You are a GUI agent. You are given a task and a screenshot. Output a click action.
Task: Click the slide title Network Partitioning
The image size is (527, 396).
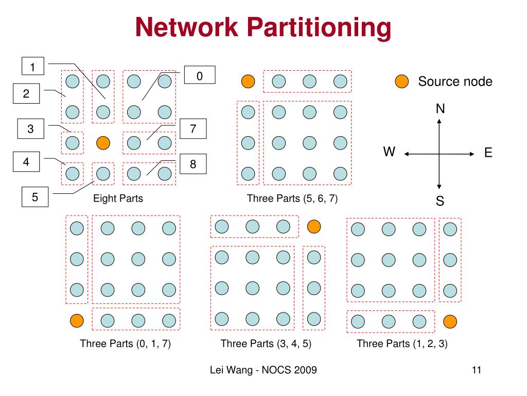[x=263, y=27]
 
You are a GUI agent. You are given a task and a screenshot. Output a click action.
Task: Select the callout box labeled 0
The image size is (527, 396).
[x=199, y=76]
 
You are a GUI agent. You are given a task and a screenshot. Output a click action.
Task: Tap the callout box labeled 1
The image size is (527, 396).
[x=33, y=67]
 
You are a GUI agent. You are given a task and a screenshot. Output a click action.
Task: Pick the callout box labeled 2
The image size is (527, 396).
[x=26, y=94]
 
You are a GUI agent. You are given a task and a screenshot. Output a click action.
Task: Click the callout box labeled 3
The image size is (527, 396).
[x=30, y=129]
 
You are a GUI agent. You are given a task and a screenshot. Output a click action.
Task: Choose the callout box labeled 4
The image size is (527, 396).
[x=26, y=162]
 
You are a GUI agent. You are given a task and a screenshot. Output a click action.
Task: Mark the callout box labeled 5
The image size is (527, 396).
[x=34, y=196]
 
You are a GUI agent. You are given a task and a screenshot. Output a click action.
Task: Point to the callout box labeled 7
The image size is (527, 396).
[x=193, y=129]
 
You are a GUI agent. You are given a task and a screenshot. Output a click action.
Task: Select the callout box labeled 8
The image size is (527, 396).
[x=193, y=164]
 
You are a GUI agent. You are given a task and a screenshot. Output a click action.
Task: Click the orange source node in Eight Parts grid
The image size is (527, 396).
[x=103, y=143]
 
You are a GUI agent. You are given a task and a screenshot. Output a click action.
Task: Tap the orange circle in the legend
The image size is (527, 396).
[x=401, y=81]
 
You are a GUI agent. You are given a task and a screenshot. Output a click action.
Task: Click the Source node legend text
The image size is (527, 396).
[x=455, y=81]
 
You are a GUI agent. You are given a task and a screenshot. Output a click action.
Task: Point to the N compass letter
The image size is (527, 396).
[x=440, y=109]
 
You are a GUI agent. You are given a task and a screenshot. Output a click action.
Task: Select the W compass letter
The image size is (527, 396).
[x=389, y=152]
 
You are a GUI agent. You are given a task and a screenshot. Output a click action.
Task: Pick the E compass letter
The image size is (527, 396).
[x=488, y=153]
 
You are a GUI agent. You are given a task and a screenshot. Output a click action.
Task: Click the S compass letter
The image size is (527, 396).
[x=440, y=201]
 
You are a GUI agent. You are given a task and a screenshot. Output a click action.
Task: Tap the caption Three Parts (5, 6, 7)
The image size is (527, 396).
[x=292, y=199]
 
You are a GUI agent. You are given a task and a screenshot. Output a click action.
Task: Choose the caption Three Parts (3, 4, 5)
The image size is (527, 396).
[x=266, y=343]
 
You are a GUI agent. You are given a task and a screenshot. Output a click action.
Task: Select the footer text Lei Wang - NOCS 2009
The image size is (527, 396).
[x=263, y=370]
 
